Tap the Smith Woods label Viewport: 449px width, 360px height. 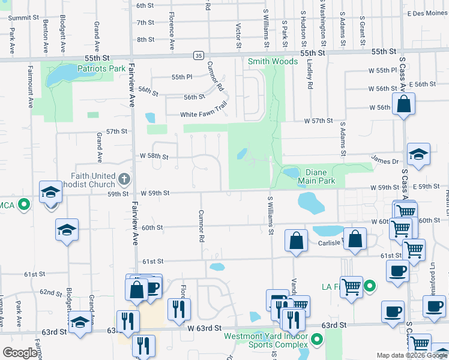[273, 61]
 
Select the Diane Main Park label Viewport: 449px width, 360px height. [316, 176]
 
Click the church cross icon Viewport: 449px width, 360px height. [124, 178]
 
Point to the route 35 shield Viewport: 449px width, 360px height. [198, 55]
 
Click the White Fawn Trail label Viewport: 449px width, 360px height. [204, 115]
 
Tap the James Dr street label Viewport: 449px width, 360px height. [385, 161]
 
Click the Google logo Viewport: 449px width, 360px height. [20, 352]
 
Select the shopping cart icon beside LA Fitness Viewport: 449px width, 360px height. [351, 286]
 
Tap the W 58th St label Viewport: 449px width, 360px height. [154, 155]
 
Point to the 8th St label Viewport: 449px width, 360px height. [145, 40]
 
